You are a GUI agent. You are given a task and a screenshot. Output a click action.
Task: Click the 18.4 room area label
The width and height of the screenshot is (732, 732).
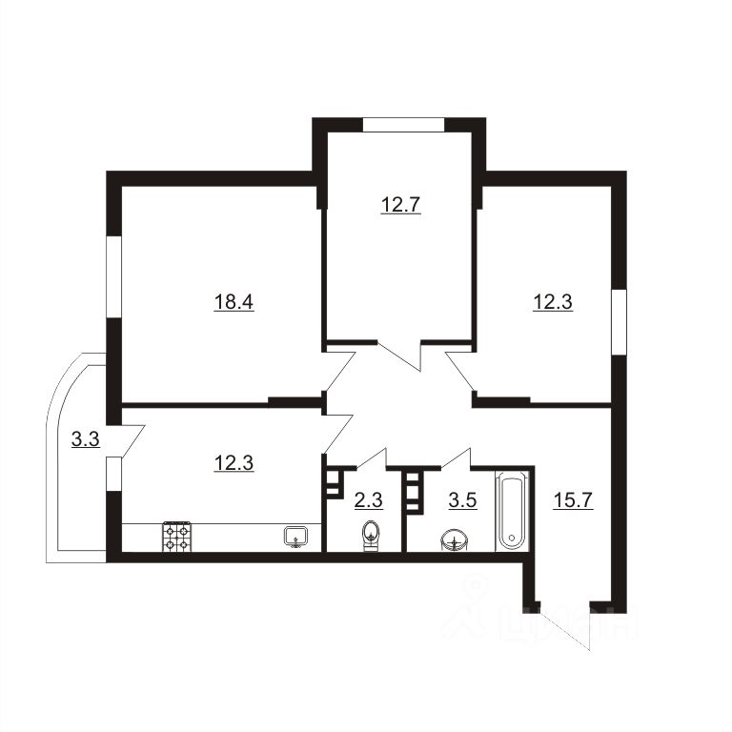point(234,302)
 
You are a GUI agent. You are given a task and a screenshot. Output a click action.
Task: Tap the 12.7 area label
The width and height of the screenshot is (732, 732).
point(401,205)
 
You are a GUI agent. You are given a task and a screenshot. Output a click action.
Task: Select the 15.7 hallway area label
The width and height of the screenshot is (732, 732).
point(573,500)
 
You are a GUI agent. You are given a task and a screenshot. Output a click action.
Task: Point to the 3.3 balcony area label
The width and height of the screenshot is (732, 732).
point(86,438)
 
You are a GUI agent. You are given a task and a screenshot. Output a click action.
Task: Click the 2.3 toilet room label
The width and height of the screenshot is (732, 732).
point(369,500)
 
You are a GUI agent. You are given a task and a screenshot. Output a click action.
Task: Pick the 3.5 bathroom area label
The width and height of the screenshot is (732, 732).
point(462,500)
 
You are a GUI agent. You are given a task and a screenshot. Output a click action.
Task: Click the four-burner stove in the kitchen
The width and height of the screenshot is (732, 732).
point(177,537)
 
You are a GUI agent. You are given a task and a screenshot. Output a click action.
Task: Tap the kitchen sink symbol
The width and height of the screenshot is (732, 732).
point(295,536)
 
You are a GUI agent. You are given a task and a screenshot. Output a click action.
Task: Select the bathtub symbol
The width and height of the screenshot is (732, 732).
point(512,511)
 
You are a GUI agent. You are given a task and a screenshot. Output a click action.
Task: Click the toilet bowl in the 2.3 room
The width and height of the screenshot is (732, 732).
point(371,537)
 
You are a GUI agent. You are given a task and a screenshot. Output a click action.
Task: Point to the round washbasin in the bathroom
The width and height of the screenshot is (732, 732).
point(454,540)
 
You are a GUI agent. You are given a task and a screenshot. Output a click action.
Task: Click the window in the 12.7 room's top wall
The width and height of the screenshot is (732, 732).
point(404,125)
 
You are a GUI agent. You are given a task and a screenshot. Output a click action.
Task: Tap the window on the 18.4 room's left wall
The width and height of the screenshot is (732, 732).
point(114,276)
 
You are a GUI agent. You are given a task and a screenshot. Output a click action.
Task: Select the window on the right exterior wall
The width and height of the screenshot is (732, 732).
point(619,322)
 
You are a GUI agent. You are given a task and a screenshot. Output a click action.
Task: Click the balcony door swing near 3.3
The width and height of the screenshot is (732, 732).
point(133,440)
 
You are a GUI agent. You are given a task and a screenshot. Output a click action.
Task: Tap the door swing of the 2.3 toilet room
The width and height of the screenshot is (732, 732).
point(372,458)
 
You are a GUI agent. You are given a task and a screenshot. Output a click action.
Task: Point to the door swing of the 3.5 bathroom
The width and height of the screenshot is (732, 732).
point(457,458)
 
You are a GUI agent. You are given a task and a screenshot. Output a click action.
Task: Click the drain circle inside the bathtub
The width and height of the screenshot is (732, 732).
point(512,538)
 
